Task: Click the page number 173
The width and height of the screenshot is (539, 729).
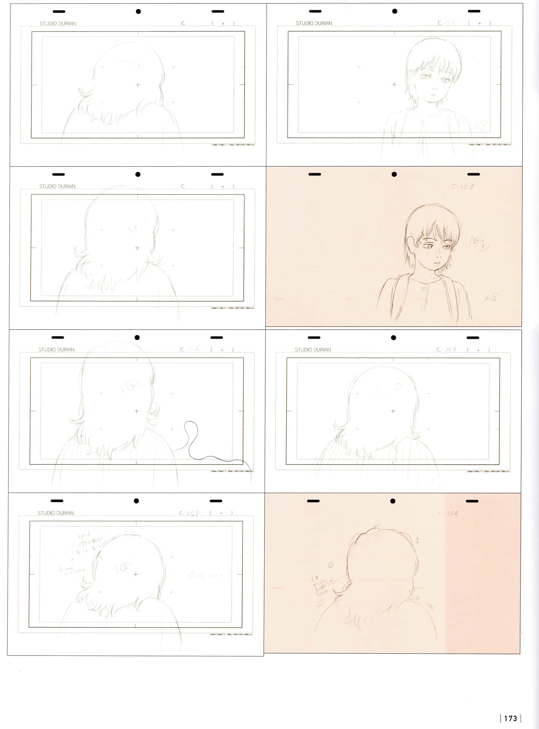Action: pos(510,718)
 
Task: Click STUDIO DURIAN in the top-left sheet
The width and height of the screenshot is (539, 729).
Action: pos(58,23)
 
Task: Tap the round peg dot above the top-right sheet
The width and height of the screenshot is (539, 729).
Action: pos(395,11)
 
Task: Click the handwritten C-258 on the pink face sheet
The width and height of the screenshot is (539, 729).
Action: pos(462,187)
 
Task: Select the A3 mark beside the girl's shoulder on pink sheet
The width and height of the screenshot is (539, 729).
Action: pos(491,298)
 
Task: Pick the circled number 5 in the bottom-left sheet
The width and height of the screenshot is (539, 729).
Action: pos(125,567)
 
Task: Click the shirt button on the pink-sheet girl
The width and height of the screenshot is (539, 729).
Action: pos(424,288)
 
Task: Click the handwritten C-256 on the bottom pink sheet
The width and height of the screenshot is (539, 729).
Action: pos(447,513)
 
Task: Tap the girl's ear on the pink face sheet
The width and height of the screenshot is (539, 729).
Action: pos(412,244)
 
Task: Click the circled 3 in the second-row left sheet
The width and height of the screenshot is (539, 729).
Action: pos(133,228)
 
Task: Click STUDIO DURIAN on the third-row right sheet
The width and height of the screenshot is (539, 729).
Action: pos(313,350)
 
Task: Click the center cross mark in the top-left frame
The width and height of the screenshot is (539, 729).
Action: pos(138,85)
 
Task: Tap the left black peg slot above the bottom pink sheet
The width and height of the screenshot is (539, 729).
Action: pos(313,501)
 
